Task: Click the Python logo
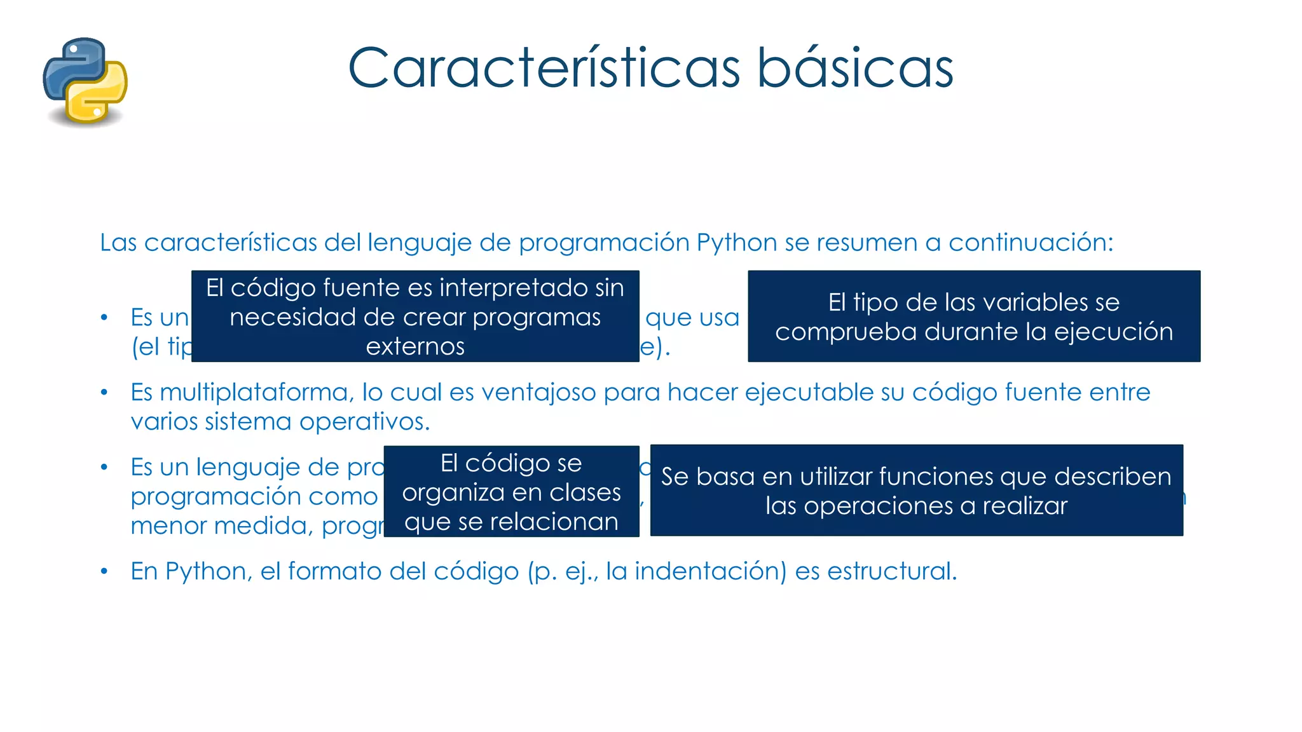point(85,81)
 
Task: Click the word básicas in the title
point(854,68)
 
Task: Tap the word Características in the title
point(544,68)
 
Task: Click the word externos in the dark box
point(415,347)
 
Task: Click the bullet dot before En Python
point(104,572)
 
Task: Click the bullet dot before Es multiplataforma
point(104,393)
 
